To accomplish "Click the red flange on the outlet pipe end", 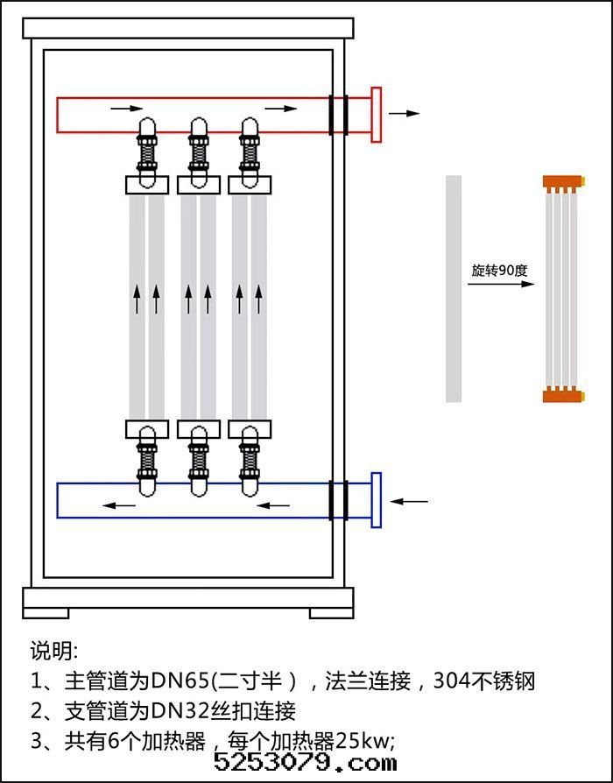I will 377,114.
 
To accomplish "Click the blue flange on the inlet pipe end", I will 377,500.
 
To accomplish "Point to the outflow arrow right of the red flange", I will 404,114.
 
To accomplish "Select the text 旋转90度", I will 499,271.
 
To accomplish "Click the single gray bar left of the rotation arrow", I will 454,288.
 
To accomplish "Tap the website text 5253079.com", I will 305,762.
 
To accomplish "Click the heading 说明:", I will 54,651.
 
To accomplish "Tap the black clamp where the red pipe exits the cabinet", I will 338,115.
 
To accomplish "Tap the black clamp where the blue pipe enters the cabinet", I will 338,500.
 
